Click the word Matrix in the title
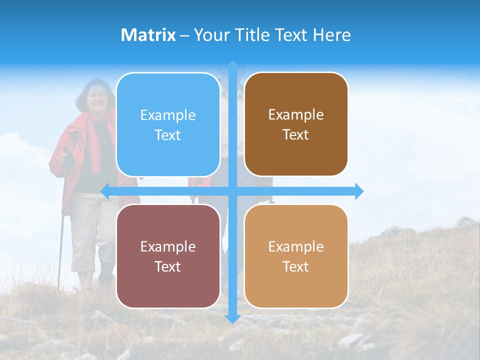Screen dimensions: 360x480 148,35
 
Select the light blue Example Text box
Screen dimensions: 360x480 168,124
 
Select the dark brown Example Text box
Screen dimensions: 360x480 296,124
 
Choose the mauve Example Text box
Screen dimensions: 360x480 168,256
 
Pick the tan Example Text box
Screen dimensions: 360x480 296,256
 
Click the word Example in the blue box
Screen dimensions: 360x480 168,115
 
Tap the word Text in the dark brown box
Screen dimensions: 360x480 296,135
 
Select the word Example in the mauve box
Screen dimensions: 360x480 168,246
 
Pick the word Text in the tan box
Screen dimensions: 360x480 296,266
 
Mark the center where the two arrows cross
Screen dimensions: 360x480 232,191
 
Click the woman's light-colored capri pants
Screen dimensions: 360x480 90,230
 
